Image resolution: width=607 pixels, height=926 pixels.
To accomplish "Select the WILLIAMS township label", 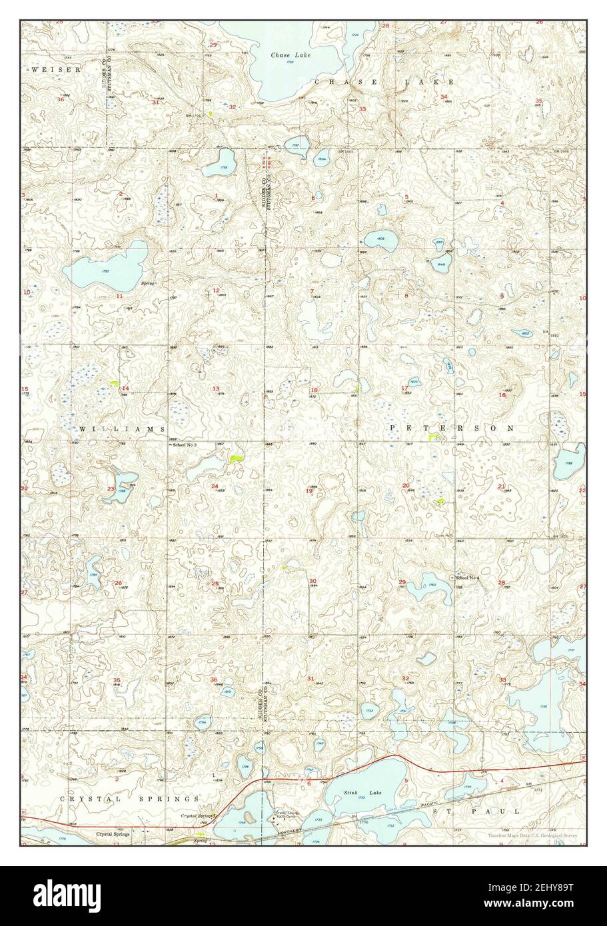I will pos(121,430).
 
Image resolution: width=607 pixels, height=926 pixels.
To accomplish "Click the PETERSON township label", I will pos(452,427).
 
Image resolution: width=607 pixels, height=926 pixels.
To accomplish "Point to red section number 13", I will pos(216,388).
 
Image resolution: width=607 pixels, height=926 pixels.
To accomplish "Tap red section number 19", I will pos(308,491).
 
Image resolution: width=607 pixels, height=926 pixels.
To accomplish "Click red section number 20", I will pos(406,485).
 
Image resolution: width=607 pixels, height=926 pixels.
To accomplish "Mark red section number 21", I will pos(501,486).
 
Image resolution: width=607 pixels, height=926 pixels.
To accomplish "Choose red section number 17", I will pos(404,388).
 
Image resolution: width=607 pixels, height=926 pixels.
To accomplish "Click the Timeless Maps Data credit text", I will pos(532,835).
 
